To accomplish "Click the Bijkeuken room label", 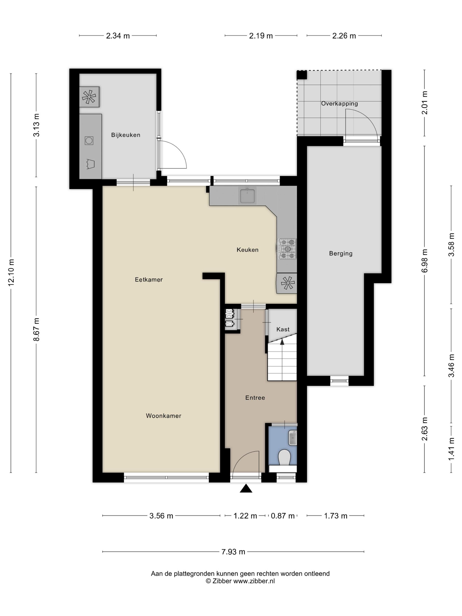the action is pyautogui.click(x=126, y=135).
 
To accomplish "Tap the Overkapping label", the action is pyautogui.click(x=339, y=104).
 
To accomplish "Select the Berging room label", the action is pyautogui.click(x=341, y=253).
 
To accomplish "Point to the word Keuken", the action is pyautogui.click(x=247, y=250).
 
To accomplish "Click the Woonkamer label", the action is pyautogui.click(x=164, y=416).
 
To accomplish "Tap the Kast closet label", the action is pyautogui.click(x=283, y=329).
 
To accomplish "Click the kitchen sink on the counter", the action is pyautogui.click(x=247, y=196).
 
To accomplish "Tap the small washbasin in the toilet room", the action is pyautogui.click(x=293, y=438).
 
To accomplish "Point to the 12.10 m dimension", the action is pyautogui.click(x=11, y=272).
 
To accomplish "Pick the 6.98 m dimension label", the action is pyautogui.click(x=424, y=261).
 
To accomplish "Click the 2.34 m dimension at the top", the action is pyautogui.click(x=118, y=36).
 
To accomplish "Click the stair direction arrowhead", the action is pyautogui.click(x=282, y=342).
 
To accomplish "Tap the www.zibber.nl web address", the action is pyautogui.click(x=254, y=581).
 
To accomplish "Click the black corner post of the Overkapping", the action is pyautogui.click(x=302, y=75).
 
